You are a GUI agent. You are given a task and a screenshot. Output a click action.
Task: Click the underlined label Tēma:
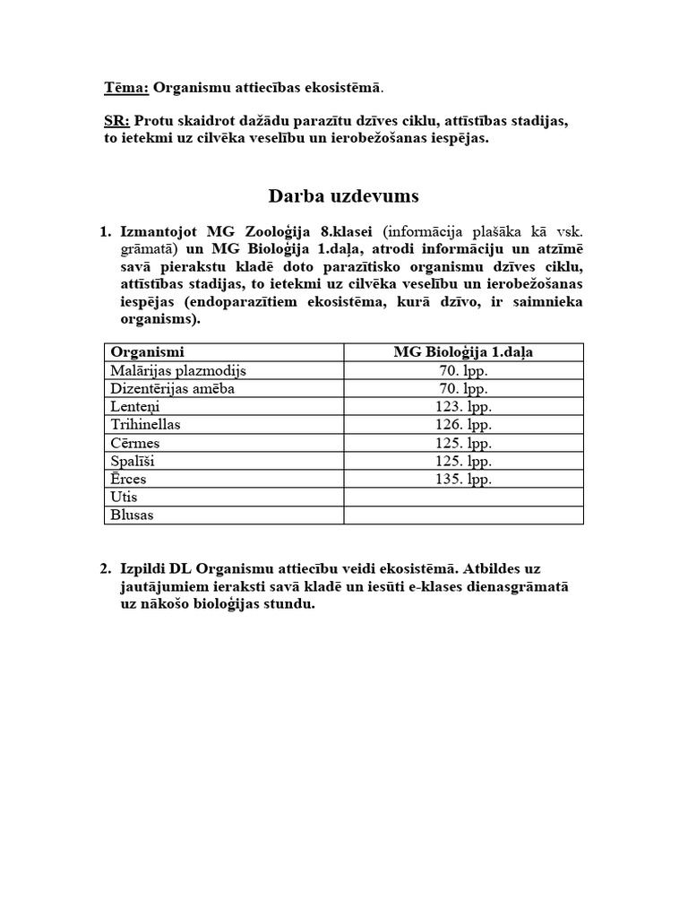click(x=127, y=88)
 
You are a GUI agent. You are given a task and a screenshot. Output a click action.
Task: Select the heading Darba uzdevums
click(x=343, y=195)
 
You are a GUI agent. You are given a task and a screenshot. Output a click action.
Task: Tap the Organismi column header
click(x=147, y=352)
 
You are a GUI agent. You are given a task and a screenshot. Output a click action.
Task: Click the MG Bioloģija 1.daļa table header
click(x=463, y=352)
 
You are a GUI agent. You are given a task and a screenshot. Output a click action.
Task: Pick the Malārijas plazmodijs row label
click(x=177, y=370)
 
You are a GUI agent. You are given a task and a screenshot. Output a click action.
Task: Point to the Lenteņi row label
click(x=135, y=407)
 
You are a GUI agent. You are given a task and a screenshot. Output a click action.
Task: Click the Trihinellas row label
click(x=145, y=425)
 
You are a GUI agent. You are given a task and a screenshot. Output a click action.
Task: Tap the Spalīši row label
click(x=134, y=461)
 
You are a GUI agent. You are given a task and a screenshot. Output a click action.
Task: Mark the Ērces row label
click(x=128, y=480)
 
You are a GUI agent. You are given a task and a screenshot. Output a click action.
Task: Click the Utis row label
click(x=124, y=498)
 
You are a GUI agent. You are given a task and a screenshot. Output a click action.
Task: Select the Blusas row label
click(x=131, y=515)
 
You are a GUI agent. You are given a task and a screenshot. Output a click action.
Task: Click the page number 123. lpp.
click(x=463, y=407)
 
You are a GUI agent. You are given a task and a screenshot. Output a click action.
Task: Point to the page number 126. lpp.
click(x=463, y=425)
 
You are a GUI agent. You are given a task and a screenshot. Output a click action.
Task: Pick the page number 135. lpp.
click(x=463, y=480)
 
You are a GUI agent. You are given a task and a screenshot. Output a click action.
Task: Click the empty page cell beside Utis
click(x=463, y=498)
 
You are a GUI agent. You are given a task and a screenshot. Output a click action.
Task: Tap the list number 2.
click(x=106, y=568)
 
